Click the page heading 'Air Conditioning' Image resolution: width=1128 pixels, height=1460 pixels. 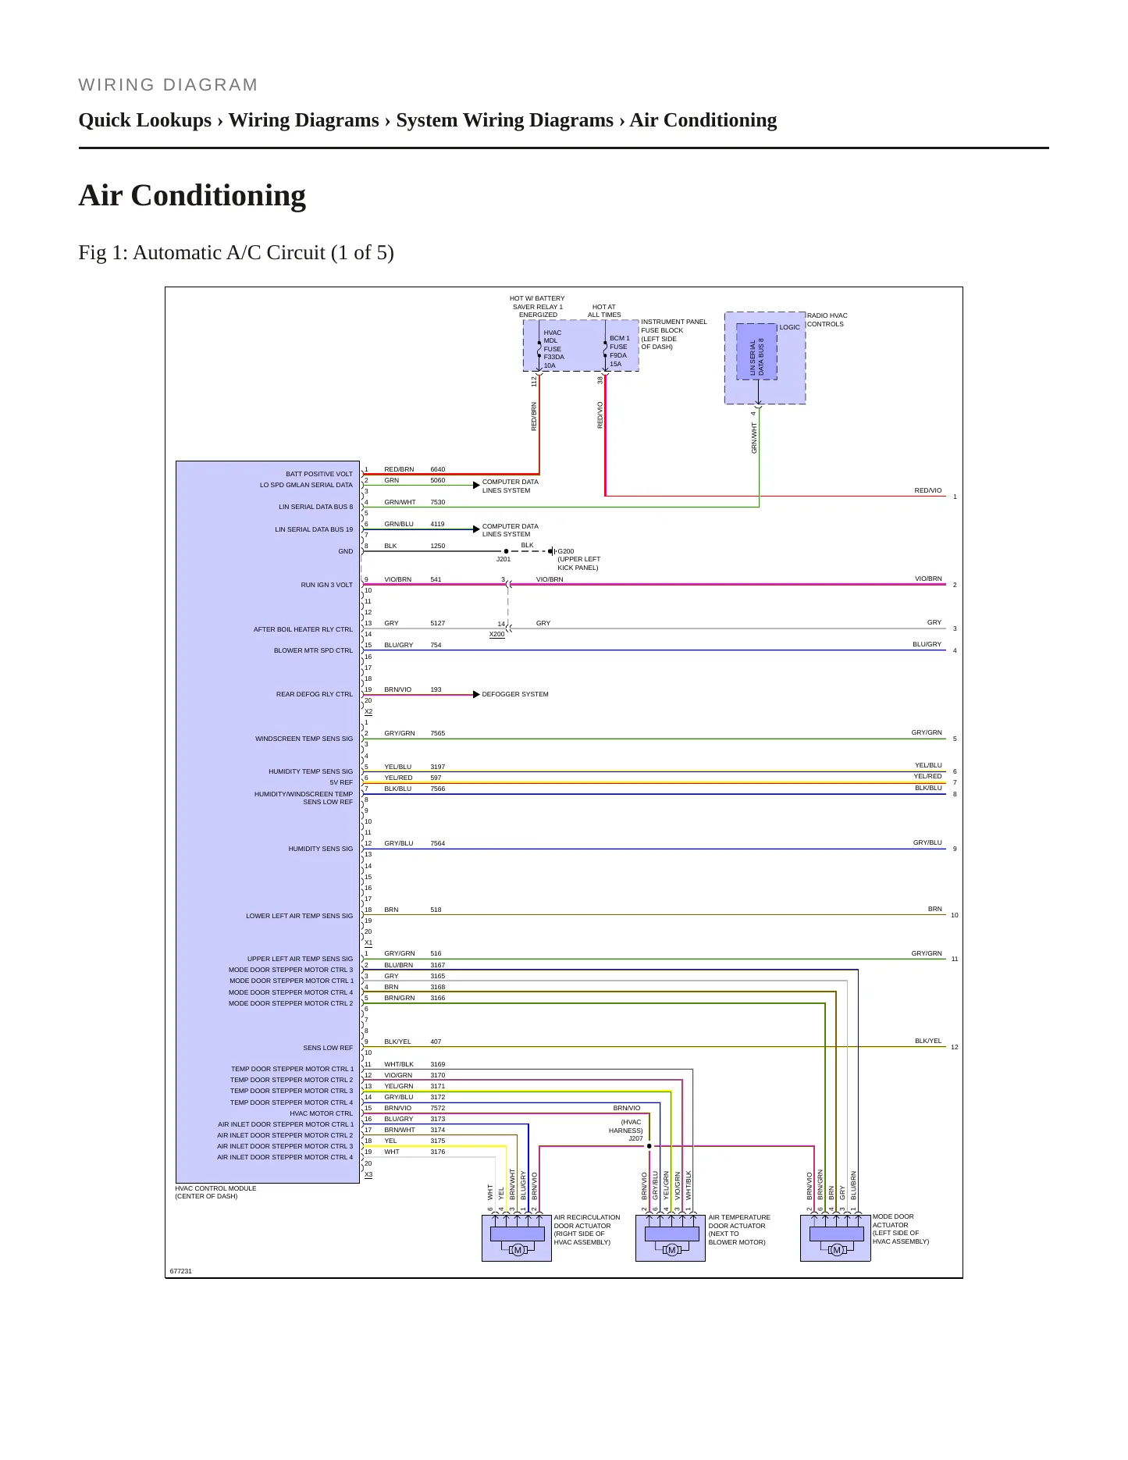click(192, 196)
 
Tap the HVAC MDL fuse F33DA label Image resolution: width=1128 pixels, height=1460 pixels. click(553, 349)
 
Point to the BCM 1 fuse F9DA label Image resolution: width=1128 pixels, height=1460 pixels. click(619, 351)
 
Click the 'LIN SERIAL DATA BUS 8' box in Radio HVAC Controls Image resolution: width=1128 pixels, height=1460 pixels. click(756, 351)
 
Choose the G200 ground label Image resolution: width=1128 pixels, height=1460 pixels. click(566, 551)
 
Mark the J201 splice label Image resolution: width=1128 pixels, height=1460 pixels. click(504, 559)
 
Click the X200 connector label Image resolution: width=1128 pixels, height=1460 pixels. click(496, 634)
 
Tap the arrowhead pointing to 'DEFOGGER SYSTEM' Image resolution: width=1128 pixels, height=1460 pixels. click(476, 694)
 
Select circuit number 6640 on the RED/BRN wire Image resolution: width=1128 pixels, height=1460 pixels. click(437, 469)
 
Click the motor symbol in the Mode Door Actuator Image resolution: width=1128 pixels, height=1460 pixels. click(836, 1250)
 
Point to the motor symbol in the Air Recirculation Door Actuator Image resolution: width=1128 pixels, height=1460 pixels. click(517, 1250)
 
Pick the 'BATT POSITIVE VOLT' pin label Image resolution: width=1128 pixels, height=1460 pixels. click(319, 474)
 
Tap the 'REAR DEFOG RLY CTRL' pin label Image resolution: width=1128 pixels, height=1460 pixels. click(315, 694)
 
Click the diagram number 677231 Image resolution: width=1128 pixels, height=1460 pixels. click(180, 1271)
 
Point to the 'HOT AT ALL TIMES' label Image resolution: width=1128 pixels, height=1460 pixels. click(604, 311)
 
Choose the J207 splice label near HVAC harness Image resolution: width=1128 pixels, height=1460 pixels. click(635, 1138)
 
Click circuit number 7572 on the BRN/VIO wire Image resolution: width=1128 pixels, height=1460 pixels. click(437, 1108)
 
